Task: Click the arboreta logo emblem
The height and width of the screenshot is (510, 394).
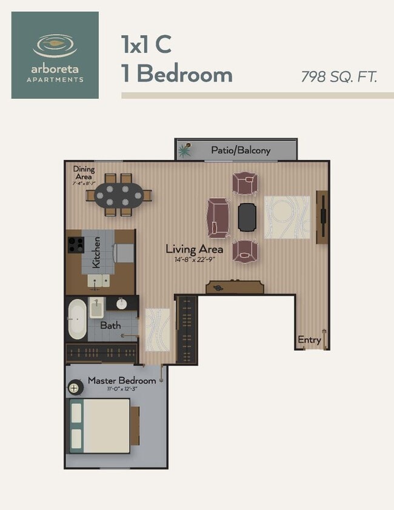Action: pos(55,45)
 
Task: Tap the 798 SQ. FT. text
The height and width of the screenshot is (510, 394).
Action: pos(339,77)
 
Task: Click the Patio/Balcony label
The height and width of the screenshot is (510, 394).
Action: pos(241,150)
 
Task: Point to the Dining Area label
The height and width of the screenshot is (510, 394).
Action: pos(83,173)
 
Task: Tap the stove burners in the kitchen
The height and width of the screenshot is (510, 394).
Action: pos(75,244)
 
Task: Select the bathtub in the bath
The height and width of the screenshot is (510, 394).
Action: pos(77,320)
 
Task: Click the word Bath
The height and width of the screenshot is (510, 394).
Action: pos(110,326)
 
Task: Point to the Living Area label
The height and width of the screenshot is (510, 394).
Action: pos(195,249)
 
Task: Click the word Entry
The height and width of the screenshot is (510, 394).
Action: pos(309,340)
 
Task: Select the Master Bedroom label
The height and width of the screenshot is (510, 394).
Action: pos(122,381)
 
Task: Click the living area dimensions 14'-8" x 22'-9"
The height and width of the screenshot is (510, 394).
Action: pos(195,260)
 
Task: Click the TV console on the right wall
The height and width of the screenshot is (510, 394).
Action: pos(322,218)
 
